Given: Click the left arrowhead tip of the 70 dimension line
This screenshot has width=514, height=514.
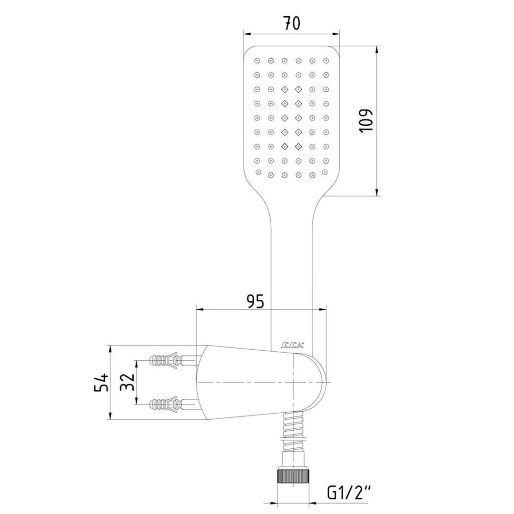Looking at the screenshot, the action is [244, 33].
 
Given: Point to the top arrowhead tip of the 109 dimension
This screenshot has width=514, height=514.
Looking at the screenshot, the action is [377, 46].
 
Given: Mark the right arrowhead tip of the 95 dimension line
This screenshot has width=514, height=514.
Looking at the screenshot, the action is [326, 309].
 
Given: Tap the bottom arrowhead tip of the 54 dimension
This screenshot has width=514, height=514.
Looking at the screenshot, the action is [110, 420].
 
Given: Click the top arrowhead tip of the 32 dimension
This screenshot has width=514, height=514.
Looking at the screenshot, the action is [137, 360].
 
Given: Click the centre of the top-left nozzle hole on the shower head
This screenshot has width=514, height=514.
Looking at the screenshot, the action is [257, 60].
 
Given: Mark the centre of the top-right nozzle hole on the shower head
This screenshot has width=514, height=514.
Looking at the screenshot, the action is [326, 60].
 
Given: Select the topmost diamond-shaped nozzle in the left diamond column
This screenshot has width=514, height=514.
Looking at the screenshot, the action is [285, 89].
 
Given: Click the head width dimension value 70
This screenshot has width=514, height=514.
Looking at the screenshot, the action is [291, 23].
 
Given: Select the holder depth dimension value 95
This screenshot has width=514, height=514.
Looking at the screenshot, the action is [256, 301].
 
